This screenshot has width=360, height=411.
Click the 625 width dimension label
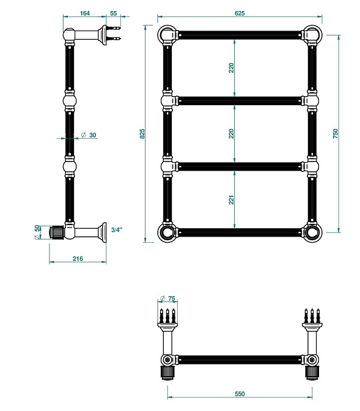click(240, 13)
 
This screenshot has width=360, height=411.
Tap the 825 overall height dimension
click(142, 134)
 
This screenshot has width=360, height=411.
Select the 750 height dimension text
click(336, 134)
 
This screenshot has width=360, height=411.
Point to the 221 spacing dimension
click(231, 200)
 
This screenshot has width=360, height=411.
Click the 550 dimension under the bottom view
click(240, 394)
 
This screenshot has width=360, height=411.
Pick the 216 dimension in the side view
click(78, 259)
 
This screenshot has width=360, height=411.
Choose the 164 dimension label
click(84, 13)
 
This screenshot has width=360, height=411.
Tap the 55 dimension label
click(114, 13)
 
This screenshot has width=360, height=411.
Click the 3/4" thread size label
click(117, 230)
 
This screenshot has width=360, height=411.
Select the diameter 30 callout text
click(89, 135)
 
